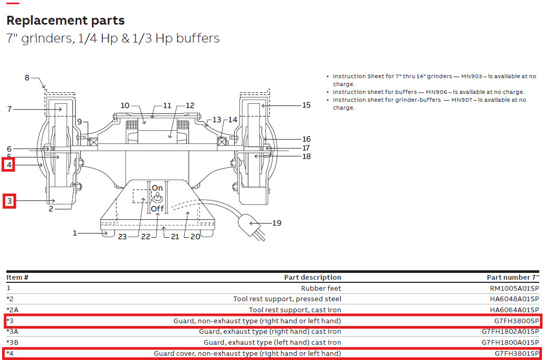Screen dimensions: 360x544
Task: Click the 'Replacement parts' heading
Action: [x=65, y=21]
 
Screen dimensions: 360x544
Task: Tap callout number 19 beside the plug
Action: [x=276, y=223]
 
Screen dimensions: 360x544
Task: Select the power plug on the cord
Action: [x=252, y=226]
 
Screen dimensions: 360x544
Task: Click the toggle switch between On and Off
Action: [x=158, y=198]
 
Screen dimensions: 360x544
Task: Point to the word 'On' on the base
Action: [x=158, y=188]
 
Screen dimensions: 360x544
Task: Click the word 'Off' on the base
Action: [x=158, y=209]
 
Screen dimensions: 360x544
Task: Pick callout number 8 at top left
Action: [x=27, y=78]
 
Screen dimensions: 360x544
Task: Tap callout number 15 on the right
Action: [x=306, y=105]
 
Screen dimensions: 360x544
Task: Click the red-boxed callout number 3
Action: [x=9, y=200]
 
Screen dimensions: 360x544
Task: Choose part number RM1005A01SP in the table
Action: [x=514, y=288]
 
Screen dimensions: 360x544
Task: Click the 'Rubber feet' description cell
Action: [x=321, y=288]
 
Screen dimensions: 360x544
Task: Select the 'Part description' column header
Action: [x=312, y=277]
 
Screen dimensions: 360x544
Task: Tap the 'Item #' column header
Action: [x=17, y=277]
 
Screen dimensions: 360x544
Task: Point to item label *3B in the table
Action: [x=13, y=343]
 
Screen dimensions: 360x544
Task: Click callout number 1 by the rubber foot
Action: [x=75, y=232]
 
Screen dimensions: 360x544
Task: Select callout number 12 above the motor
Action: [x=190, y=105]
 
